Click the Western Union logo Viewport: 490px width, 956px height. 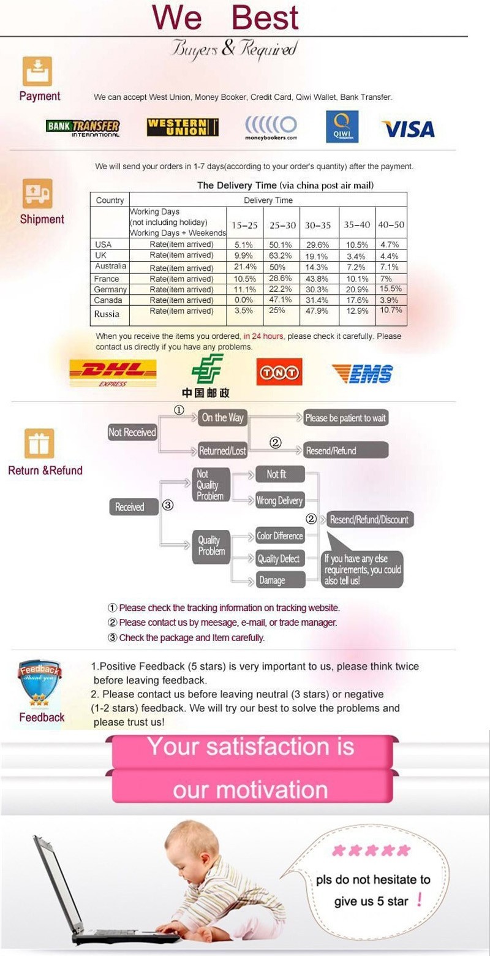[x=183, y=127]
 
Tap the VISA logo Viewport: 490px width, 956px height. [x=408, y=129]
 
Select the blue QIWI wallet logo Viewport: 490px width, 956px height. [x=342, y=126]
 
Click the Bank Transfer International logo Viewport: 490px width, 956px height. [x=83, y=128]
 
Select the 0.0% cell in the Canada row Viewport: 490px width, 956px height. [x=244, y=300]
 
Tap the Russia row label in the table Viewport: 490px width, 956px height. [x=107, y=314]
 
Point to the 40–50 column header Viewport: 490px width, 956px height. [x=391, y=225]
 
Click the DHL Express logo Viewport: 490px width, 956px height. [x=113, y=373]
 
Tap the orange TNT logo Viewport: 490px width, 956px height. [x=279, y=372]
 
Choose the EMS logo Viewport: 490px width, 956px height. [x=363, y=373]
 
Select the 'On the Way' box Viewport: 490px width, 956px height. [x=223, y=418]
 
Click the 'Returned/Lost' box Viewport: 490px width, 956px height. [x=222, y=451]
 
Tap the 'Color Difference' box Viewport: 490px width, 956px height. [x=279, y=536]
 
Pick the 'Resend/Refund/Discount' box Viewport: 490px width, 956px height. [x=369, y=520]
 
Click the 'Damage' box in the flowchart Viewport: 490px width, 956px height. [x=272, y=580]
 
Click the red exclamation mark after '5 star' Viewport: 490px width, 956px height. [x=419, y=900]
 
